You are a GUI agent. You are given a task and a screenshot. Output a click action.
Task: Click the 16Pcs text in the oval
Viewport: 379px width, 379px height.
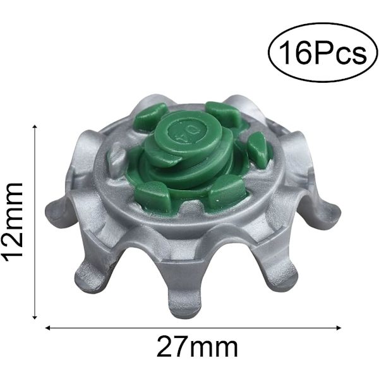pos(323,53)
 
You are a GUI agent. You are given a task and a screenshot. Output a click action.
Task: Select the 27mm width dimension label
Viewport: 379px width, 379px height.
pos(197,347)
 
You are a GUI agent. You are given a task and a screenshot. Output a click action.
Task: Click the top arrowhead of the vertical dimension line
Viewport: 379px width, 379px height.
pos(35,128)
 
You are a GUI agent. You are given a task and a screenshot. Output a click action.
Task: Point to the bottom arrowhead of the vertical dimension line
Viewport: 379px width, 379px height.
pos(35,316)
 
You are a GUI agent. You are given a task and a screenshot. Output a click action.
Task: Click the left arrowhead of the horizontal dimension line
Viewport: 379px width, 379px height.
pos(49,328)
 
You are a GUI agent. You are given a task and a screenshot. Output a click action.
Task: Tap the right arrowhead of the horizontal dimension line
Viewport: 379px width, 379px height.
pos(338,328)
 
